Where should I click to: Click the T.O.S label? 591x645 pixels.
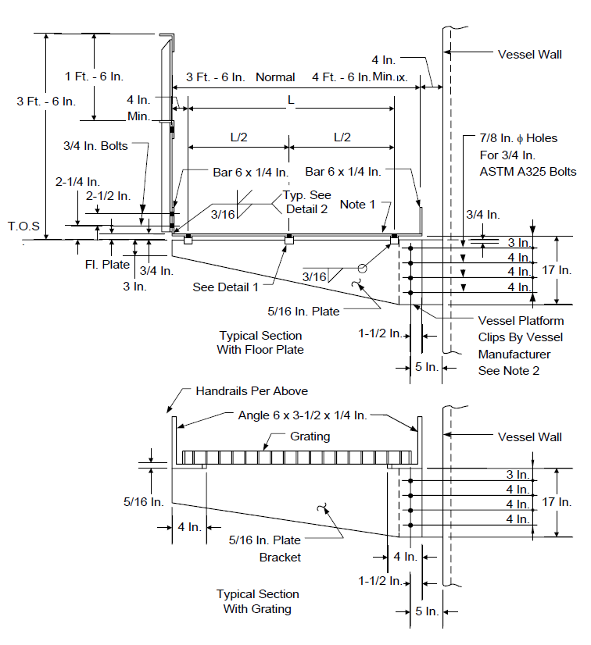tap(24, 226)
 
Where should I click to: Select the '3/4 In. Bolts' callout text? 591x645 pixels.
tap(95, 146)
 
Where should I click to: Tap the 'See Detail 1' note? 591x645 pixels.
tap(225, 287)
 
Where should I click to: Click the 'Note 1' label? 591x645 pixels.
tap(357, 205)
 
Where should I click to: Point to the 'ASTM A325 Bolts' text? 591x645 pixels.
tap(528, 172)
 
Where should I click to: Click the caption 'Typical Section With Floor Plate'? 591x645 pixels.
tap(260, 343)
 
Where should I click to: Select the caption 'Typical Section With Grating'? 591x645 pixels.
tap(257, 601)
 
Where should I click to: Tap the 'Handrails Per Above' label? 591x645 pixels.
tap(252, 390)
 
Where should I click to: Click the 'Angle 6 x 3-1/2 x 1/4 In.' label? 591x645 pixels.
tap(303, 415)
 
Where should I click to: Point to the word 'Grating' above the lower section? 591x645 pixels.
tap(310, 436)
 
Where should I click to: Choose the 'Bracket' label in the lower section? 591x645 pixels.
tap(280, 558)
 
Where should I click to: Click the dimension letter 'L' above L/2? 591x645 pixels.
tap(291, 100)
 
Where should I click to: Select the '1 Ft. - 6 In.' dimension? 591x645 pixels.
tap(94, 76)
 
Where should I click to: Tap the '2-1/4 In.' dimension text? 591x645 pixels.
tap(78, 181)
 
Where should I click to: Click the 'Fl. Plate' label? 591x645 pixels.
tap(107, 265)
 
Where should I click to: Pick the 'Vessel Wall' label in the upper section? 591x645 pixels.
tap(530, 55)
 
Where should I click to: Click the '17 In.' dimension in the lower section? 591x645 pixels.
tap(557, 502)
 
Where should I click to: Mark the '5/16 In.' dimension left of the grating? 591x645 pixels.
tap(144, 502)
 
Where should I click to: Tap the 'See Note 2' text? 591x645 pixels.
tap(509, 371)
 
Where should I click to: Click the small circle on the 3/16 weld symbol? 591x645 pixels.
tap(362, 269)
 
